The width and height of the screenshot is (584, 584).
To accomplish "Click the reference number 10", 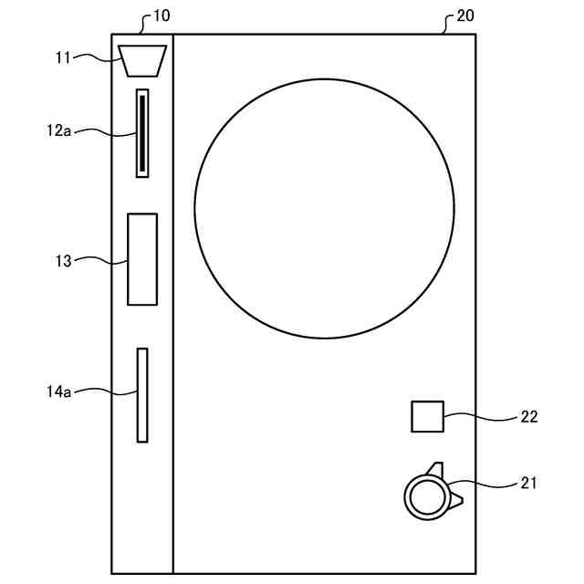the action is (162, 16).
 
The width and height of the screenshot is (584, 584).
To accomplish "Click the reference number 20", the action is (465, 16).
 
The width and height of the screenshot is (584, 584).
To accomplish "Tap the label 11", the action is (63, 57).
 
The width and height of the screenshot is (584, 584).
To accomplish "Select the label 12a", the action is (58, 130).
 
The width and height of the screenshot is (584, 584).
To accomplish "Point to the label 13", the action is (63, 261).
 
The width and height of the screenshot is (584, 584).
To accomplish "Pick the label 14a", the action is (58, 391).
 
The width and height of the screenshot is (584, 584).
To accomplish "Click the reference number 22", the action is (529, 417).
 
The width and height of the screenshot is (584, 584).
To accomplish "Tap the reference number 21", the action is (528, 483).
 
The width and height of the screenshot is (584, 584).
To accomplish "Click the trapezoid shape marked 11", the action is (142, 61).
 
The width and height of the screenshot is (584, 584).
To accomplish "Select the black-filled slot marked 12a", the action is (142, 133).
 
